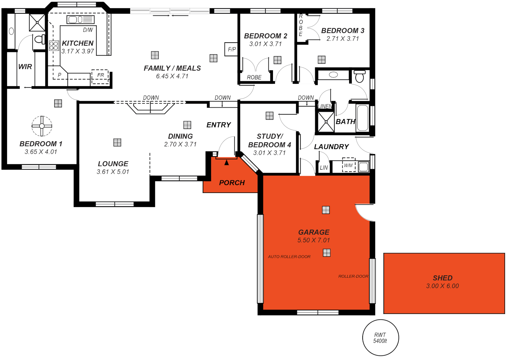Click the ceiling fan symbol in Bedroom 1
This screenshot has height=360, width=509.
coord(42,126)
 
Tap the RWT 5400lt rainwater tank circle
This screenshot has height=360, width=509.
coord(380,338)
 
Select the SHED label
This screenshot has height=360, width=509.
coord(442,278)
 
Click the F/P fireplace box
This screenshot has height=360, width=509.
coord(232,49)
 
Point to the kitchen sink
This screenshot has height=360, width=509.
coord(80,20)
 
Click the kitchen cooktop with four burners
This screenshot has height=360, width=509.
coord(54,46)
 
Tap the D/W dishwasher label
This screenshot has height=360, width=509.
coord(88,30)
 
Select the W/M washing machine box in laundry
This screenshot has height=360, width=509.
coord(349,165)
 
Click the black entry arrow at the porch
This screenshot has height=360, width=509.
coord(227,163)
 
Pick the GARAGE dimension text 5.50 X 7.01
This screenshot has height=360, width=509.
coord(314,240)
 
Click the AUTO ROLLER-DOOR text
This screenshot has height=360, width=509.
coord(289,257)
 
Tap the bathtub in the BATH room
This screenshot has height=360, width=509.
coord(363,118)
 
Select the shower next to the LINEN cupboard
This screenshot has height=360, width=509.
coord(325,122)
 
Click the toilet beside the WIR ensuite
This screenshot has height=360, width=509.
coord(40,39)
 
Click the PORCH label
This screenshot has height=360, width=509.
coord(232,183)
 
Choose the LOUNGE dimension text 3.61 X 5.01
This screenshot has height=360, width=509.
coord(113,172)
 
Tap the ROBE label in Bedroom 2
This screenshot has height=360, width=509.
coord(254,77)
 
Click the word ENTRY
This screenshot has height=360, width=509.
coord(219,125)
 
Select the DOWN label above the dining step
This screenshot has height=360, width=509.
coord(151,98)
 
